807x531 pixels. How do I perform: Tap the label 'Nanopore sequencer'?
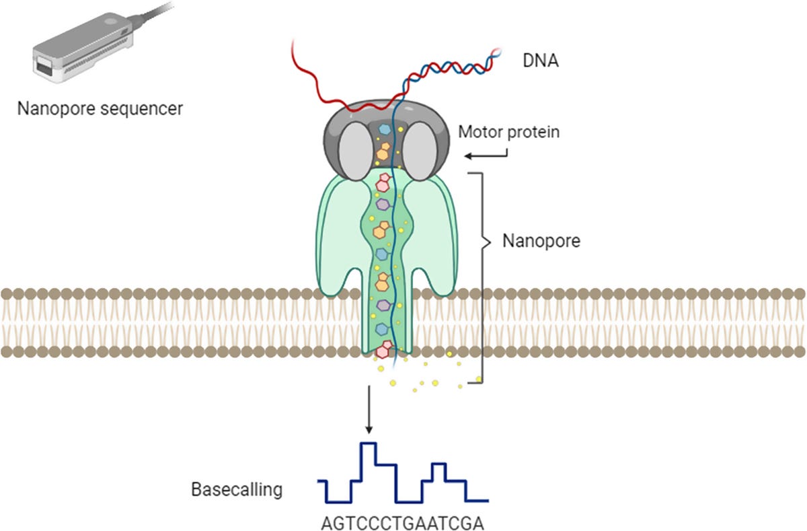[x=100, y=108]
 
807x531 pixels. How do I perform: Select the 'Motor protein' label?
[x=508, y=132]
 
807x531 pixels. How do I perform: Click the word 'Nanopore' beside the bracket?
[x=541, y=240]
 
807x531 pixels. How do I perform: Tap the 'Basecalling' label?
[x=235, y=489]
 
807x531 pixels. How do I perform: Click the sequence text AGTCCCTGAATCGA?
[x=403, y=523]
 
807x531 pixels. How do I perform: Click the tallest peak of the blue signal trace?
[x=369, y=444]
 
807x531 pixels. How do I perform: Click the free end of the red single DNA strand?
[x=294, y=42]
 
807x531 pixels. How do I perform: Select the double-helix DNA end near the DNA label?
[x=496, y=52]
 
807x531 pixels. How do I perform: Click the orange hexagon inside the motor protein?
[x=383, y=151]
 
